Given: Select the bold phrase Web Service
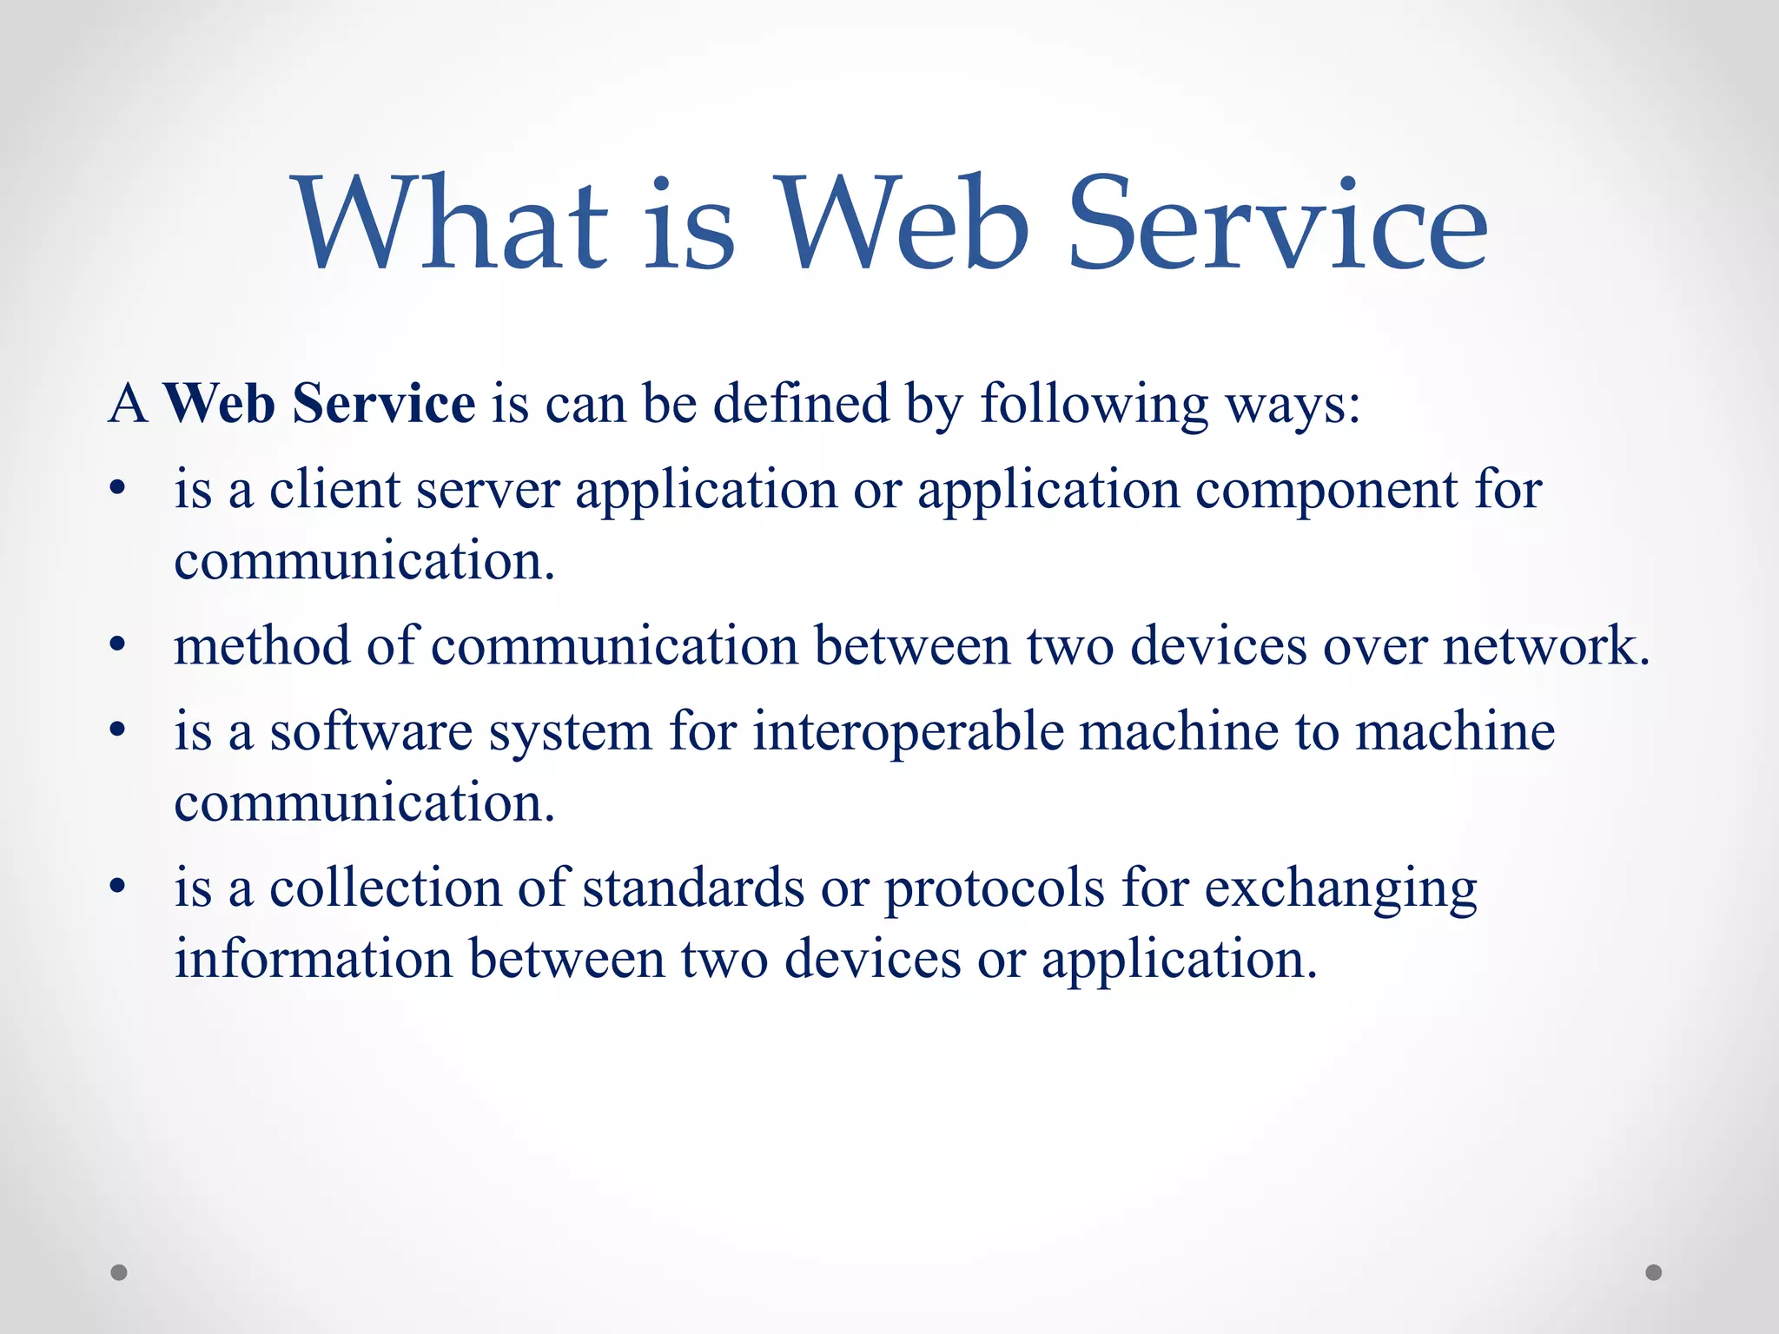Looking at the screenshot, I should [320, 404].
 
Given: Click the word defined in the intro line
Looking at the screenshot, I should [801, 404].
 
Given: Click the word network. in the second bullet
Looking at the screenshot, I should [1546, 646].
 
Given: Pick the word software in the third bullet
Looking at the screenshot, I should [371, 731].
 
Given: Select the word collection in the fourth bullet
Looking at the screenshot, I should [386, 888].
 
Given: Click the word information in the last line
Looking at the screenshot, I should [314, 960].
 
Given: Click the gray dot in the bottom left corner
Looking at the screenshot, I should [119, 1272].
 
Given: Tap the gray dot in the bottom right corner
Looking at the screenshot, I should [1654, 1272].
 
